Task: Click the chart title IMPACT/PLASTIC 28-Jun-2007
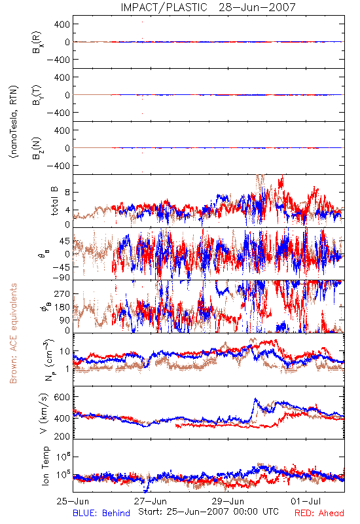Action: [x=208, y=7]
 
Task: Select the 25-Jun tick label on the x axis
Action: [x=73, y=501]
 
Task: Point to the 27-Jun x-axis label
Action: [x=151, y=501]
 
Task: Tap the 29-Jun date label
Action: [x=228, y=501]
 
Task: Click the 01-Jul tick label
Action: [x=306, y=501]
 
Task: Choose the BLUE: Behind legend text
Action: [x=101, y=513]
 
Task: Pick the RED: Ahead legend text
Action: [x=319, y=513]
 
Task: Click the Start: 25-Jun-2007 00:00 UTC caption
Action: [x=208, y=512]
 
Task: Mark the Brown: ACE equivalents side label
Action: [x=13, y=333]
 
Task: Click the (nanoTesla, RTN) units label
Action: [x=14, y=122]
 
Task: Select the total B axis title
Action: [x=54, y=201]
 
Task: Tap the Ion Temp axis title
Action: [x=45, y=466]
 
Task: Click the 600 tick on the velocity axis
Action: [x=62, y=397]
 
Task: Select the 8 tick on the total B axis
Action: [x=67, y=193]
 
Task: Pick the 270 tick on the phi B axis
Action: [x=62, y=293]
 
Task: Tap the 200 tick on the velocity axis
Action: [x=62, y=436]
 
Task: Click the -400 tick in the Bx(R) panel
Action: [x=58, y=60]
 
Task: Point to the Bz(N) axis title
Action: [x=37, y=148]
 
